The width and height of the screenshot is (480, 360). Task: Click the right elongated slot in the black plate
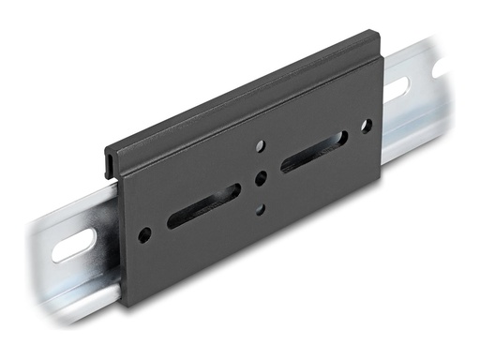(313, 151)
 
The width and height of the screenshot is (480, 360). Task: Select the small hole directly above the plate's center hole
(261, 146)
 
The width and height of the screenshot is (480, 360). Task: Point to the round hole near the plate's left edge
(143, 234)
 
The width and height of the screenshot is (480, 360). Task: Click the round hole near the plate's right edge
(366, 125)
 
